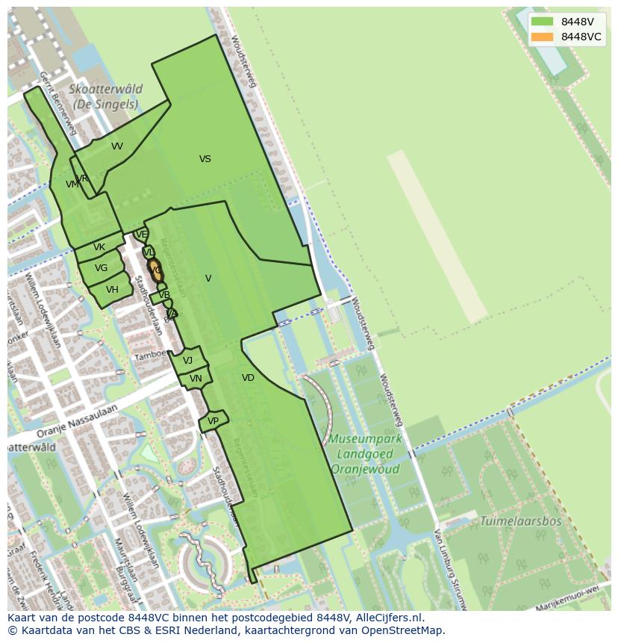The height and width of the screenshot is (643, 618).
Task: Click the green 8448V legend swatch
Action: [x=543, y=22]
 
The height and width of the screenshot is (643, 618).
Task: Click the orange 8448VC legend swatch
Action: [x=543, y=37]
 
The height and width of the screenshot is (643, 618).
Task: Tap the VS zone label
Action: [x=205, y=159]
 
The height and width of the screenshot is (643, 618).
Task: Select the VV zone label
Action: [x=117, y=146]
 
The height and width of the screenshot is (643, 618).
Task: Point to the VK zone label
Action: [x=99, y=247]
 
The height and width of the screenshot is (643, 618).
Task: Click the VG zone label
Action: [x=101, y=268]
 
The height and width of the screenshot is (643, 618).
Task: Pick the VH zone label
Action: [x=112, y=290]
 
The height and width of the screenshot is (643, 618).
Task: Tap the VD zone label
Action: [x=248, y=378]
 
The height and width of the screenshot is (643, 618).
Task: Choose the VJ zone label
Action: [x=187, y=361]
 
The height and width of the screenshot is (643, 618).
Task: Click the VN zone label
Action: [x=196, y=379]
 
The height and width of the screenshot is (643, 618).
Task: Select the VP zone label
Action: [x=213, y=421]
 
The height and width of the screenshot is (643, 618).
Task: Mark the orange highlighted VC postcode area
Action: [x=155, y=270]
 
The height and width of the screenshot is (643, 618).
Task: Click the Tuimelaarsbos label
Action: [x=520, y=521]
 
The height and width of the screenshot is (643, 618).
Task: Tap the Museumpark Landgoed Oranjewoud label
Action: [x=366, y=454]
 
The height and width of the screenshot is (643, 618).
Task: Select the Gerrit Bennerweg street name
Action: [x=58, y=102]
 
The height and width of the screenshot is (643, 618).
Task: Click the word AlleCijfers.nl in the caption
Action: [x=387, y=618]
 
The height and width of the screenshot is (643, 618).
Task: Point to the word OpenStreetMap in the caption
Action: [x=403, y=630]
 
